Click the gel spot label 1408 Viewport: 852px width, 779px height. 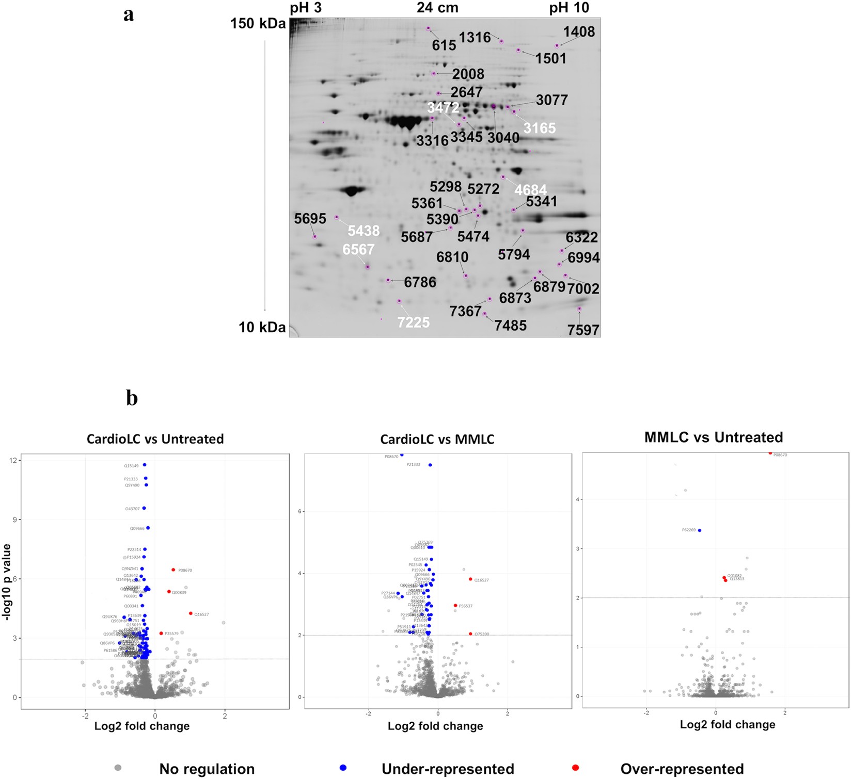pyautogui.click(x=578, y=32)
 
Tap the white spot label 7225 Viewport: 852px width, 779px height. pyautogui.click(x=413, y=322)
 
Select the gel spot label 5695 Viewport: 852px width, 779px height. pyautogui.click(x=310, y=219)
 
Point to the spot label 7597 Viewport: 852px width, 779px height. pyautogui.click(x=583, y=330)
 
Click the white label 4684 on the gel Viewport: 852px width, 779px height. pyautogui.click(x=530, y=190)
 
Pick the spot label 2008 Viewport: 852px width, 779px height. pyautogui.click(x=468, y=74)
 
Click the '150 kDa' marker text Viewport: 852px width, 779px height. pyautogui.click(x=258, y=24)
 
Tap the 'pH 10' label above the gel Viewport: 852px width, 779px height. pyautogui.click(x=569, y=8)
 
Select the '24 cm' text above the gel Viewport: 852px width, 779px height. pyautogui.click(x=437, y=8)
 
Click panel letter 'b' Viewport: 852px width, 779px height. pyautogui.click(x=132, y=398)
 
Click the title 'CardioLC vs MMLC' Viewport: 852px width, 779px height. pyautogui.click(x=437, y=440)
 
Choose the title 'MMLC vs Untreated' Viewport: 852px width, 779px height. pyautogui.click(x=714, y=437)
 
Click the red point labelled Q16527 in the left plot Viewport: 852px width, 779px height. pyautogui.click(x=191, y=613)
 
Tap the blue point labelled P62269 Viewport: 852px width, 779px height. pyautogui.click(x=700, y=530)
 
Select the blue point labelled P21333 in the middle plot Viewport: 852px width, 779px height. pyautogui.click(x=430, y=465)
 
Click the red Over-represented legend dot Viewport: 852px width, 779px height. pyautogui.click(x=576, y=768)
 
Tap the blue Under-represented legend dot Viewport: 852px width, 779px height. pyautogui.click(x=342, y=768)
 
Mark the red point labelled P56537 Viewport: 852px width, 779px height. pyautogui.click(x=455, y=606)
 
